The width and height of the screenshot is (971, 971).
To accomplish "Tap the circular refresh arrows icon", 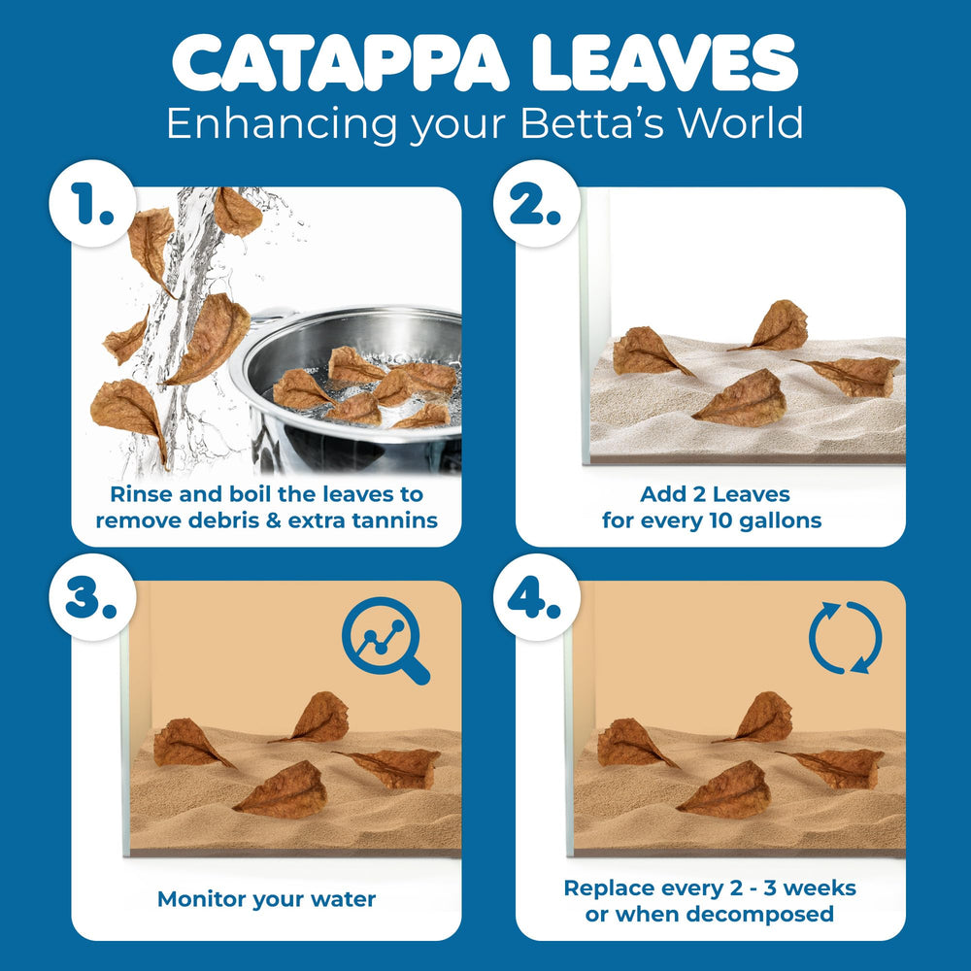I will (845, 638).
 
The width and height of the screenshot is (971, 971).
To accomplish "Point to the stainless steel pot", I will (359, 388).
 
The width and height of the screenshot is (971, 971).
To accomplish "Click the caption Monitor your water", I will (266, 899).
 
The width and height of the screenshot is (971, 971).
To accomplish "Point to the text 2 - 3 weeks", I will (792, 887).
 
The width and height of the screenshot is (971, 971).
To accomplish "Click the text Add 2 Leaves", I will (711, 494).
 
